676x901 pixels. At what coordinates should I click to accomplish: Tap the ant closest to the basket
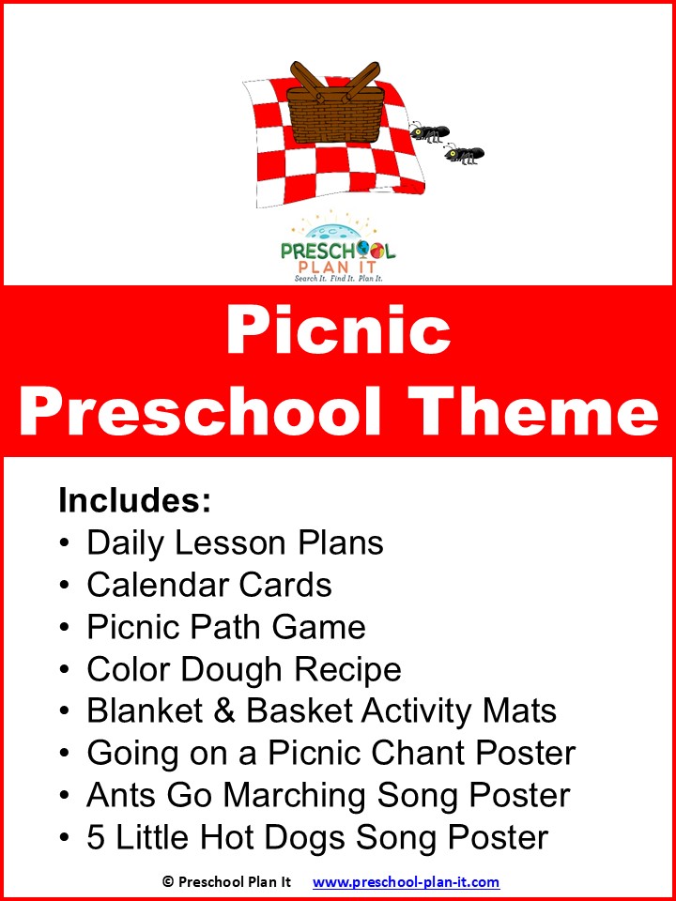(429, 131)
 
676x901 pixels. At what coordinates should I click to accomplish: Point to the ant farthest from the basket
(464, 153)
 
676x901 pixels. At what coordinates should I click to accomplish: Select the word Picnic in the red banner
(338, 331)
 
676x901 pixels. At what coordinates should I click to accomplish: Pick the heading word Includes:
(134, 500)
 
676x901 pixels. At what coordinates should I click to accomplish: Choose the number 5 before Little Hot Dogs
(97, 836)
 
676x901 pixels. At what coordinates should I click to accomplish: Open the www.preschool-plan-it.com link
(406, 882)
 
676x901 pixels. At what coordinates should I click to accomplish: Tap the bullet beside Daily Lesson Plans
(64, 543)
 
